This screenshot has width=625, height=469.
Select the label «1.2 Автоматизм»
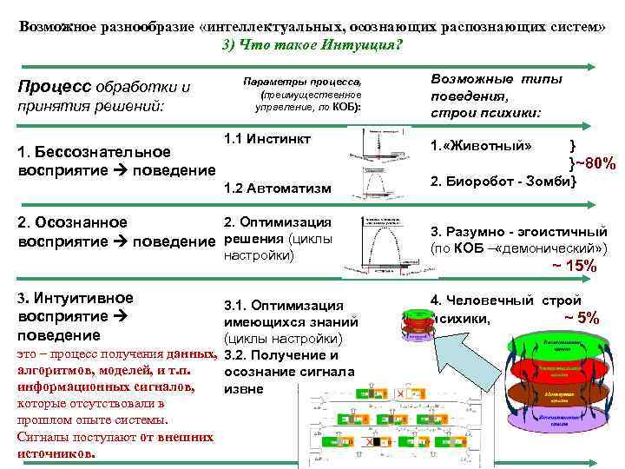pyautogui.click(x=264, y=188)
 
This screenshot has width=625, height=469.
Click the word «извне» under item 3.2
pyautogui.click(x=244, y=388)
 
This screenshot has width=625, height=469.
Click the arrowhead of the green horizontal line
pyautogui.click(x=591, y=66)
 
